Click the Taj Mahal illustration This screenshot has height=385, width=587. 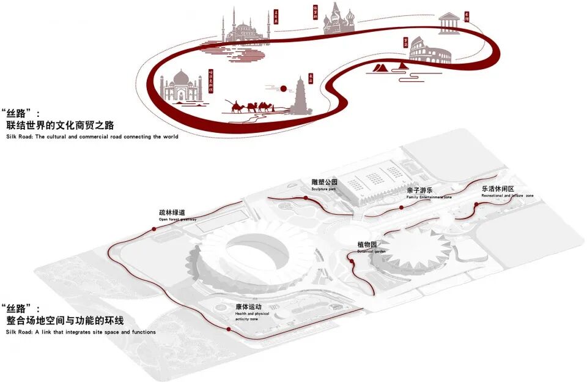click(181, 87)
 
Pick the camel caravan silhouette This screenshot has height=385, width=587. click(251, 108)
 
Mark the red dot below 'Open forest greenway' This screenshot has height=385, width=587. click(153, 228)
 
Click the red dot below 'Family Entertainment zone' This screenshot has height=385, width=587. click(401, 207)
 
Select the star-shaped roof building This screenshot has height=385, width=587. click(411, 248)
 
